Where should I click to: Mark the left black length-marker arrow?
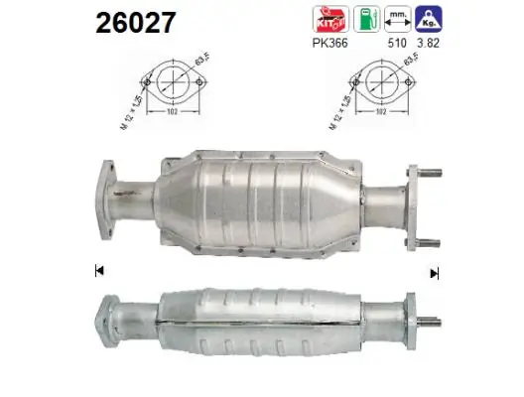[x=97, y=271]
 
